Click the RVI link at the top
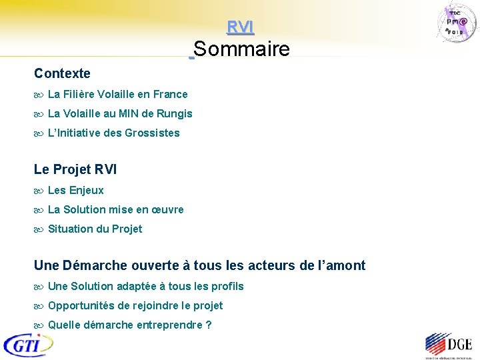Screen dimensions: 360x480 coord(240,27)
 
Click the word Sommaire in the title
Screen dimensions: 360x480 coord(242,49)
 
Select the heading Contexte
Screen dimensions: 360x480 coord(62,73)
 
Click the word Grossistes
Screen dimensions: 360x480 coord(152,133)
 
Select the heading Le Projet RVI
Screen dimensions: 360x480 coord(75,169)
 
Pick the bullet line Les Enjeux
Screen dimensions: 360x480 coord(75,191)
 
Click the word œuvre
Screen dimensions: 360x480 coord(168,210)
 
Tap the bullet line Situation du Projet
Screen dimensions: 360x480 coord(95,229)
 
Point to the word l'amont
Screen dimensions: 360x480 coord(340,265)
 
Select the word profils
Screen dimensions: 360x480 coord(226,287)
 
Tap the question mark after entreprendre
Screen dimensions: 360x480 coord(209,325)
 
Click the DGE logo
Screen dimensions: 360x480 coord(448,345)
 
